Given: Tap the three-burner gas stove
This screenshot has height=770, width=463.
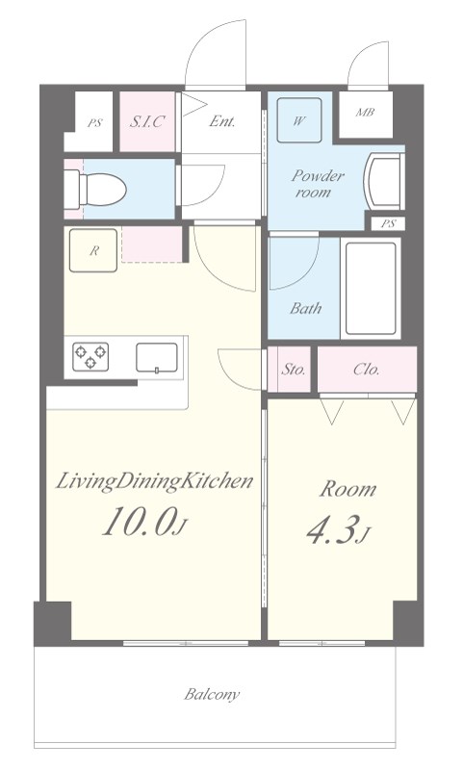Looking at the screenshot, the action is click(90, 356).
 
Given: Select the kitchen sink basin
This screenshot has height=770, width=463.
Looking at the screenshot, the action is click(157, 358).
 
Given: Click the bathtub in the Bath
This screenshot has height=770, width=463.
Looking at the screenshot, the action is click(371, 288).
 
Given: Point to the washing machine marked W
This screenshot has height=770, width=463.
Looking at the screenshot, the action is click(299, 120).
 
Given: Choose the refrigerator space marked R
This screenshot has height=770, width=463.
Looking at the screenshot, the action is click(93, 250).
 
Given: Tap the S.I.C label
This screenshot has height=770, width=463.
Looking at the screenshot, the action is click(146, 121).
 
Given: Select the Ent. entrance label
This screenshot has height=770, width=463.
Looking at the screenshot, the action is click(222, 121).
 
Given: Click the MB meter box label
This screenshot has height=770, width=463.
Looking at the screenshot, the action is click(365, 113).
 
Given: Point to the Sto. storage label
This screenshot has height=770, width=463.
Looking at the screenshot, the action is click(294, 370).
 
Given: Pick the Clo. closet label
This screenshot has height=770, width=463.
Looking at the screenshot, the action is click(367, 370).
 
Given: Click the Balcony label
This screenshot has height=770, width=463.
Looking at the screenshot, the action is click(212, 695).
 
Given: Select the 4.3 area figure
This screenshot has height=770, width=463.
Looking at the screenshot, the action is click(330, 529).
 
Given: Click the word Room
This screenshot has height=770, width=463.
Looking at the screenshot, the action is click(348, 489).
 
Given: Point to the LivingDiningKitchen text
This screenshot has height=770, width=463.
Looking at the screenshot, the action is click(154, 482).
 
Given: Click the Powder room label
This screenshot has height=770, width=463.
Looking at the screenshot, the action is click(318, 183).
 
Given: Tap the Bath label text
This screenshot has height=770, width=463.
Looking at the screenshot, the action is click(305, 308).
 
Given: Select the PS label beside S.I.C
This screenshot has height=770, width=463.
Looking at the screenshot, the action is click(94, 123).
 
